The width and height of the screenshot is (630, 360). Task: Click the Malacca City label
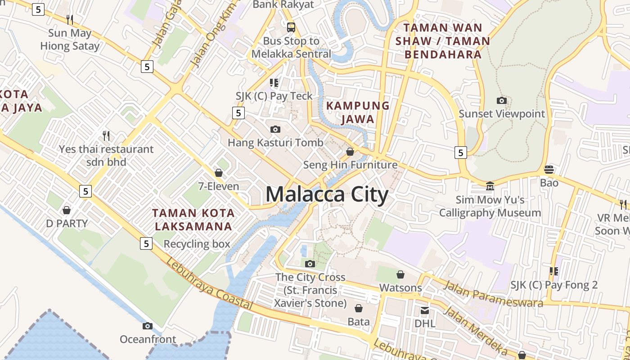tap(327, 195)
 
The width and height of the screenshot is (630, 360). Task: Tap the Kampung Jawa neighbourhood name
tap(358, 112)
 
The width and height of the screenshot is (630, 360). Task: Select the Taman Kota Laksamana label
tap(193, 219)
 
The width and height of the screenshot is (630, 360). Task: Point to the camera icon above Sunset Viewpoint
tap(502, 100)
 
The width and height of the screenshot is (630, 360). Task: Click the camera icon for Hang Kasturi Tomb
tap(275, 130)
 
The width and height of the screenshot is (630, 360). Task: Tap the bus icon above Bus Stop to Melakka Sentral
tap(291, 27)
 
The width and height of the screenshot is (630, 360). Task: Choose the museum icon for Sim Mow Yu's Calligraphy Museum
tap(490, 185)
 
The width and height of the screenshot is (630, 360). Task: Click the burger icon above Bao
tap(549, 170)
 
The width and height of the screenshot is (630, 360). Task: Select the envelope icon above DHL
tap(425, 310)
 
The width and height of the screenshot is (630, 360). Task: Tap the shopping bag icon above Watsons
tap(400, 274)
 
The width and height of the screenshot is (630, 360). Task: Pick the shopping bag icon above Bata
tap(359, 308)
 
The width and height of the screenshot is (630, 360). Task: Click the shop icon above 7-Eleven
tap(219, 173)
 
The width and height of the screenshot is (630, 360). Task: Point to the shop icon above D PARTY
tap(67, 210)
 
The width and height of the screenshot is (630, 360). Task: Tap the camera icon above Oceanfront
tap(148, 326)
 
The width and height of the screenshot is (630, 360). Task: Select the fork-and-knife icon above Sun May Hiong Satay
tap(70, 19)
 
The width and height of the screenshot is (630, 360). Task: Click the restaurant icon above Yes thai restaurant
tap(106, 135)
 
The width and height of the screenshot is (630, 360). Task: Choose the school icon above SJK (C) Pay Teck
tap(274, 83)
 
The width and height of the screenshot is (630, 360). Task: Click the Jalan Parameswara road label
tap(493, 294)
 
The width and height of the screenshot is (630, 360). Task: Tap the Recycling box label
tap(197, 244)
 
